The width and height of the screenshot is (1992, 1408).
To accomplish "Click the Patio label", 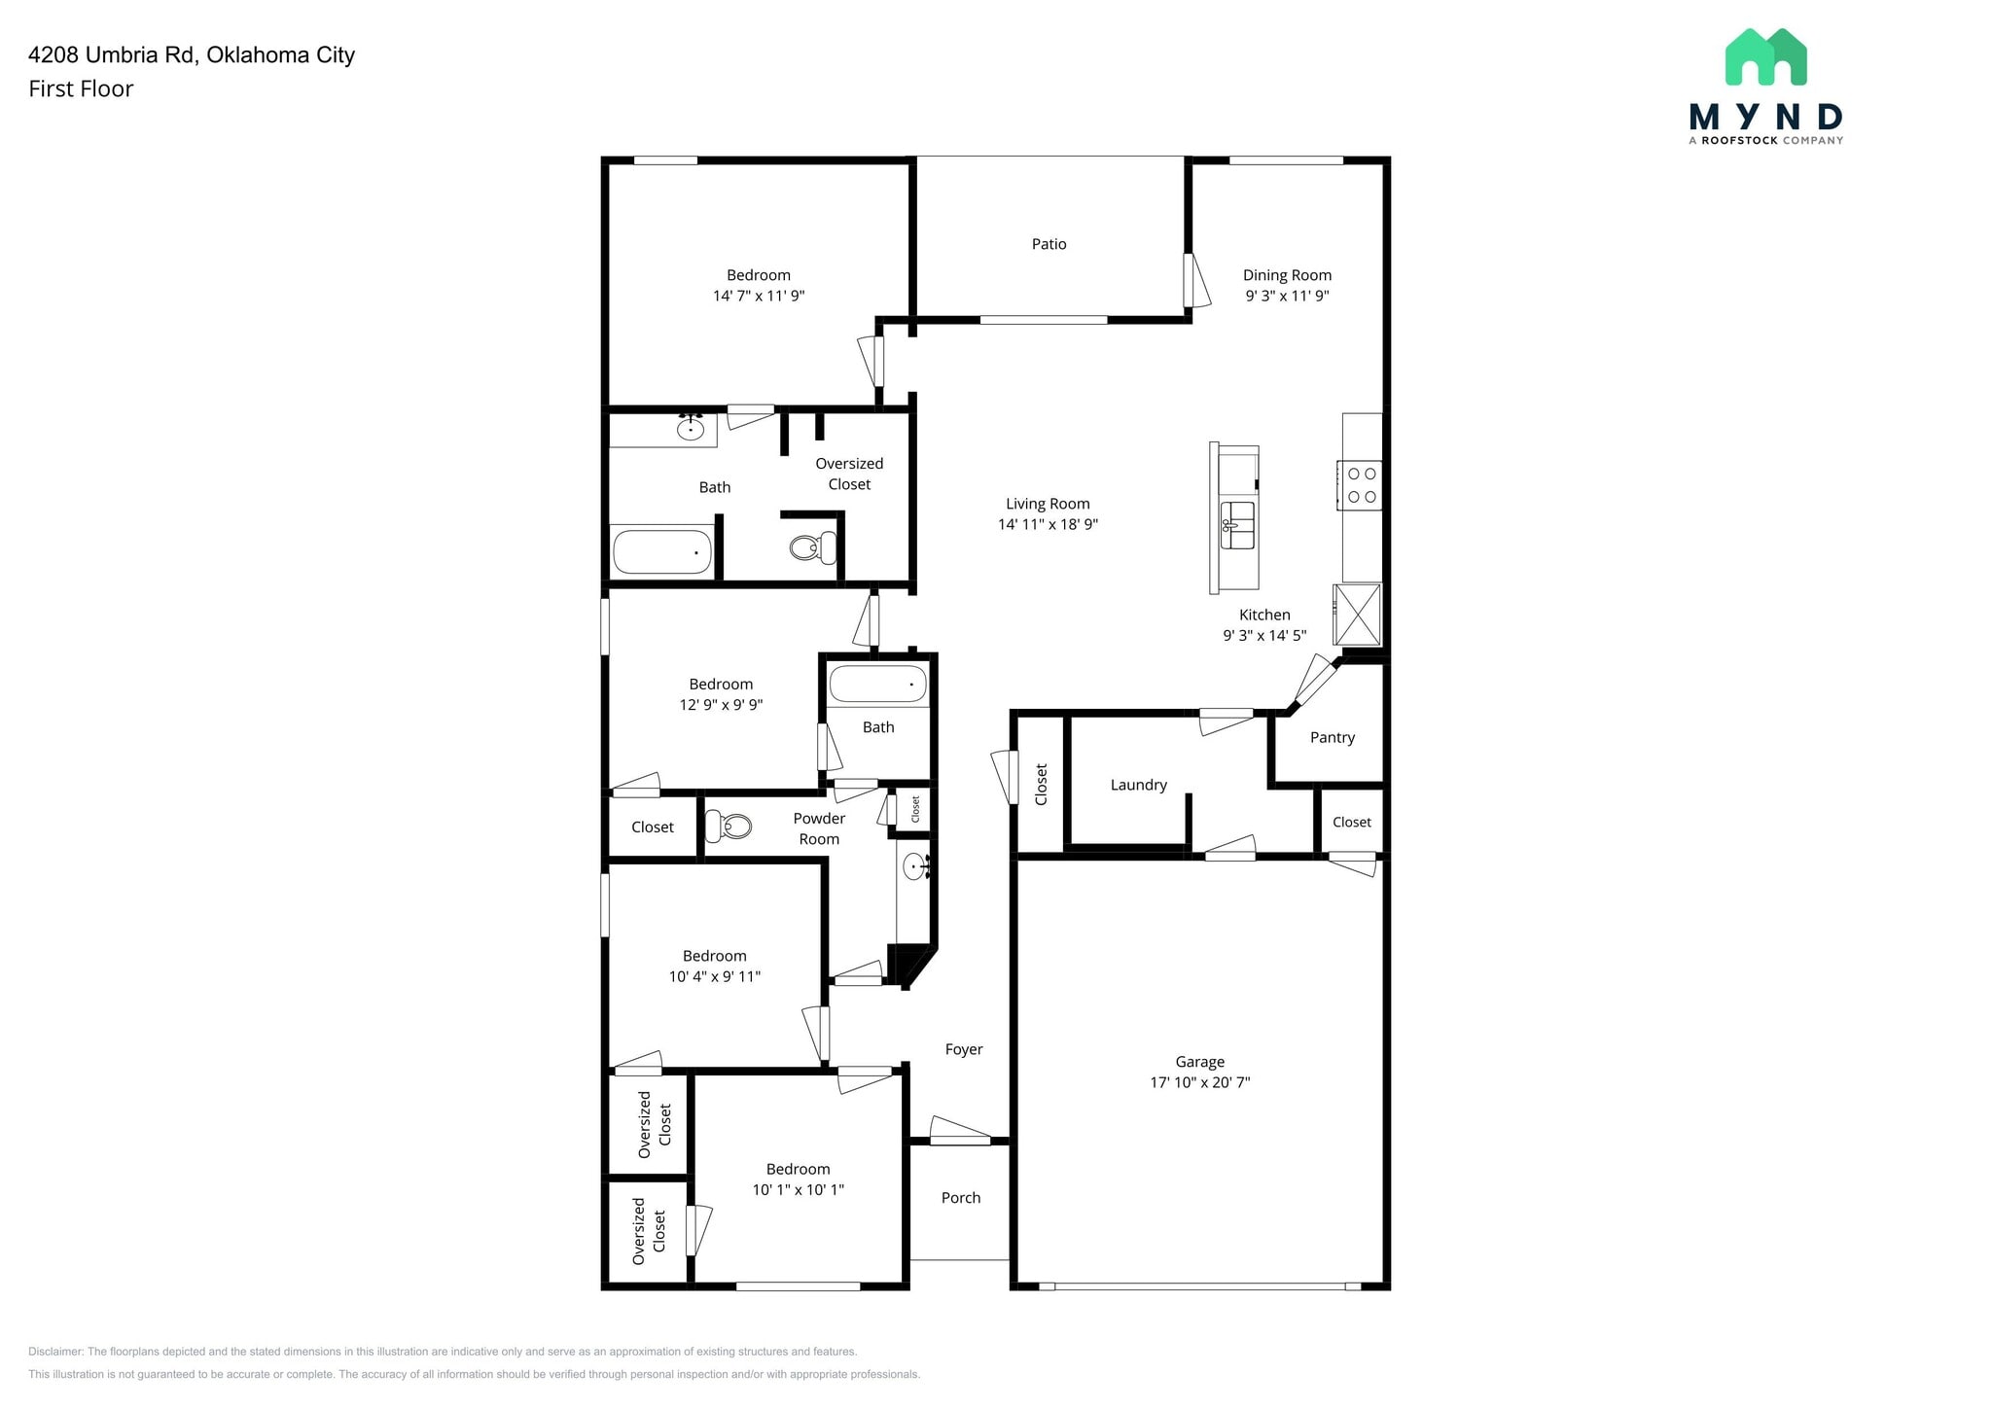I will [x=1049, y=244].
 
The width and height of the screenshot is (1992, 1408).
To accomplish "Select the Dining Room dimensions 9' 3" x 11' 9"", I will [x=1287, y=296].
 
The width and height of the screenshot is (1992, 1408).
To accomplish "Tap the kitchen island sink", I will [x=1237, y=525].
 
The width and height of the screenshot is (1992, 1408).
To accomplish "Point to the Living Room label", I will [x=1048, y=504].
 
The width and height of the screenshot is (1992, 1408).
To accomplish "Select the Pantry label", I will [x=1332, y=737].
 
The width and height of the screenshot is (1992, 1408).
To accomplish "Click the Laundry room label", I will [x=1138, y=785].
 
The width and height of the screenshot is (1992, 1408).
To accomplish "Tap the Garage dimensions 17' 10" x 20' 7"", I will [x=1199, y=1082].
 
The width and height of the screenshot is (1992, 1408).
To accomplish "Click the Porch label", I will [x=960, y=1198].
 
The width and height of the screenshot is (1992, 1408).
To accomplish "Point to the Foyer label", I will [x=963, y=1049].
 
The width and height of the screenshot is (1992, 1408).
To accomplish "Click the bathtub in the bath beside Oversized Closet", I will [x=661, y=551].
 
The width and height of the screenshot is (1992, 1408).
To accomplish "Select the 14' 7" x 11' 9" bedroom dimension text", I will [x=759, y=296].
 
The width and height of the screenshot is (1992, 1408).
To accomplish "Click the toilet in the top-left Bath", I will [x=811, y=547].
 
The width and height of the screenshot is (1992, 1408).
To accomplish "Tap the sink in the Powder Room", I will [x=914, y=865].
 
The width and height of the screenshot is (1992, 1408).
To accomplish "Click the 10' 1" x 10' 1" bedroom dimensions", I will [x=798, y=1189].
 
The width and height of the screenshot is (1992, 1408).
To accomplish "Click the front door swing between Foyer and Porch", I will [x=960, y=1131].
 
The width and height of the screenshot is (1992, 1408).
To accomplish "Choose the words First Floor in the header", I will [x=81, y=88].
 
